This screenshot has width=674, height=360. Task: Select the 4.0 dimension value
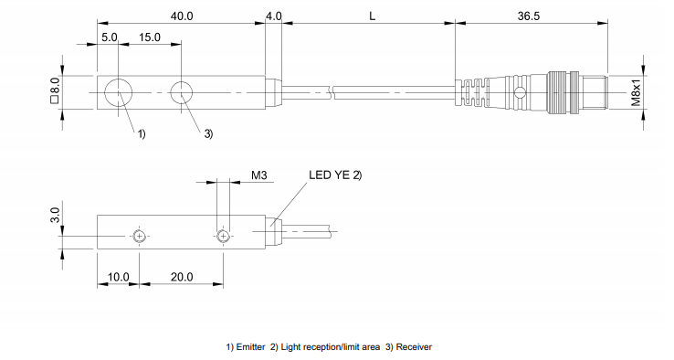click(x=273, y=16)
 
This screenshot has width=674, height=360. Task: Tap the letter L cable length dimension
click(x=369, y=16)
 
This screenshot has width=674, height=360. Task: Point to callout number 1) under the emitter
click(x=142, y=134)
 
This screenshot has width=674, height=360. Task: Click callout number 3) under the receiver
click(x=208, y=134)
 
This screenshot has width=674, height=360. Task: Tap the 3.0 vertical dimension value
click(x=55, y=216)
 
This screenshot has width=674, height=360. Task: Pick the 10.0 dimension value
click(x=119, y=276)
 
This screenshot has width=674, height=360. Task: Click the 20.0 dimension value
click(x=181, y=276)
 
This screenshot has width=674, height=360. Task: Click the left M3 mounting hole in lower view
click(x=139, y=237)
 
